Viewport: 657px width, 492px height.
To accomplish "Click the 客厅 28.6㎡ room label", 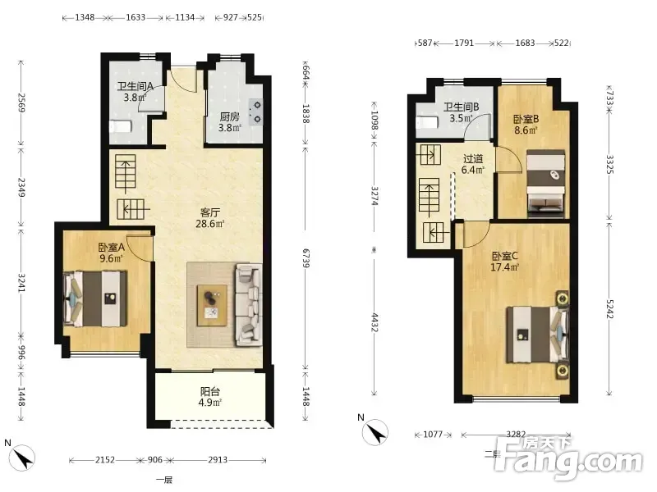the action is (x=210, y=218).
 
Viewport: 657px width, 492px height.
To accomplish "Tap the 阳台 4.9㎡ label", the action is (x=210, y=397).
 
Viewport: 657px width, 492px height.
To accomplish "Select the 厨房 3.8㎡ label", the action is (x=230, y=122).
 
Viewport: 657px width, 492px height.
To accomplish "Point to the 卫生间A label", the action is (x=135, y=87).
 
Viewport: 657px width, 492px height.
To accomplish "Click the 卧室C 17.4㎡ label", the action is (x=505, y=262).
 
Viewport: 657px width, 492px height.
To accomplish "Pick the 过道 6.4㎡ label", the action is (x=473, y=165).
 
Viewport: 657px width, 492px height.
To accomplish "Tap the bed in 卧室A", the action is (x=95, y=298).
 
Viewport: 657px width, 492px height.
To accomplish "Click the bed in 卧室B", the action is (x=545, y=183).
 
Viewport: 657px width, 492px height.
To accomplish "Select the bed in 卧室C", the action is (x=538, y=335).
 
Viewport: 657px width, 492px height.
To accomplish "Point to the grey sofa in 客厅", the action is (x=249, y=304).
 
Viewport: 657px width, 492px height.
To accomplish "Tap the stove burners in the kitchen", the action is (x=255, y=112).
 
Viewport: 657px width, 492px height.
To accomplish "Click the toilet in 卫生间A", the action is (x=121, y=126).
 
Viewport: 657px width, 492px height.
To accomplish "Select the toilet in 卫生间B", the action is (x=427, y=122).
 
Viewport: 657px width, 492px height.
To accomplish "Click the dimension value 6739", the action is (x=306, y=258).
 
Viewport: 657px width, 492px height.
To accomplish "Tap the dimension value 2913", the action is (x=218, y=460).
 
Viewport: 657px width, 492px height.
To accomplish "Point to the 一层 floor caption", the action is (x=164, y=480).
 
